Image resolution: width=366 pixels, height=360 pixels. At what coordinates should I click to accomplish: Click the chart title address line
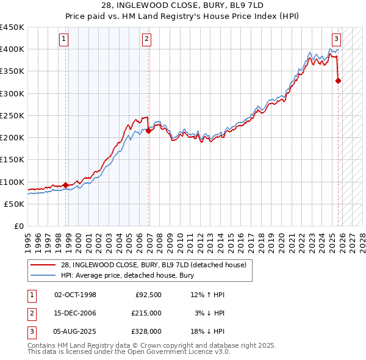182,5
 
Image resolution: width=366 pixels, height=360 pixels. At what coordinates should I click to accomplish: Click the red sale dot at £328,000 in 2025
339,81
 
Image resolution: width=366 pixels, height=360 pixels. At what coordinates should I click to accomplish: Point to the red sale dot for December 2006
148,131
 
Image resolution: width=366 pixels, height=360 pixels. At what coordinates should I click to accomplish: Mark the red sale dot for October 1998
66,185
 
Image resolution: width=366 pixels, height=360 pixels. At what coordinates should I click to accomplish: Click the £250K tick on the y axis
12,115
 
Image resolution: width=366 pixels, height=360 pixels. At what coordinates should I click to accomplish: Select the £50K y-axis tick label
14,204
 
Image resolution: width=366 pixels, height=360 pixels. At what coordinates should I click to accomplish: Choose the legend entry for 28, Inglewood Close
153,265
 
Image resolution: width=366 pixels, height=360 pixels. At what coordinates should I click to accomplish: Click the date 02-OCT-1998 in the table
75,295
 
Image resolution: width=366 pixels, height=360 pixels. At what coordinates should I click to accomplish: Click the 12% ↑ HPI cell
207,295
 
